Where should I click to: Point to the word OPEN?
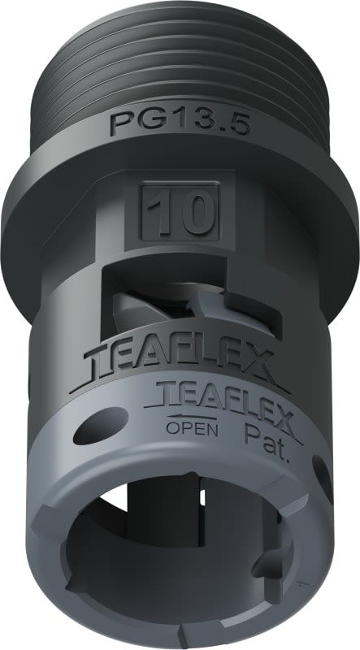193,429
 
